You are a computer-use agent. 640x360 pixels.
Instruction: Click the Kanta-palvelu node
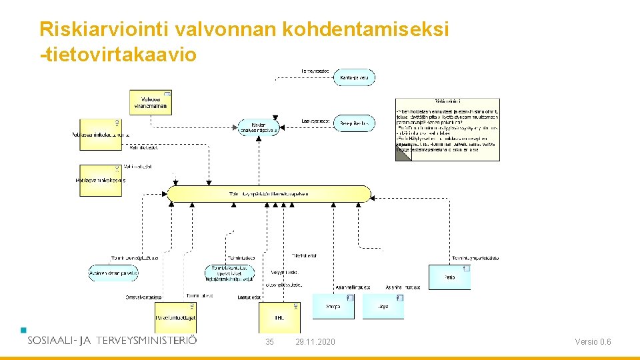(x=355, y=77)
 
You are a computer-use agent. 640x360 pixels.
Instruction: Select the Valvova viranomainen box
(x=151, y=102)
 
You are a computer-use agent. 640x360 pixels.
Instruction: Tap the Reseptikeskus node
(x=354, y=123)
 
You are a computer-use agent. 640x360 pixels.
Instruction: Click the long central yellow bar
(x=269, y=194)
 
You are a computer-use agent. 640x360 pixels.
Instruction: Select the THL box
(x=279, y=317)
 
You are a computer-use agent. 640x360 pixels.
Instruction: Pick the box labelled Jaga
(x=383, y=307)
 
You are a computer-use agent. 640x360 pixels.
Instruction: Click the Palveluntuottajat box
(x=175, y=317)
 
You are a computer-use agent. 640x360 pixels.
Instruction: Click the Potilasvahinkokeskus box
(x=101, y=180)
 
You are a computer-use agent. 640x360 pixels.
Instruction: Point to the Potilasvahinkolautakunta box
(x=101, y=135)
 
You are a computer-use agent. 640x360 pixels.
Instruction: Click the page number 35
(x=269, y=342)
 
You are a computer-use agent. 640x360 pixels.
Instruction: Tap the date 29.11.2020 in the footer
(x=315, y=342)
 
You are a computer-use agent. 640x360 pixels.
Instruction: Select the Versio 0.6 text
(x=593, y=342)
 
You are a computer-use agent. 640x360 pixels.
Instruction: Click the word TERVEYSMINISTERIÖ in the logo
(x=147, y=340)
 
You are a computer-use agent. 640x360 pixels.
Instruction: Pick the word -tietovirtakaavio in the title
(x=119, y=54)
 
